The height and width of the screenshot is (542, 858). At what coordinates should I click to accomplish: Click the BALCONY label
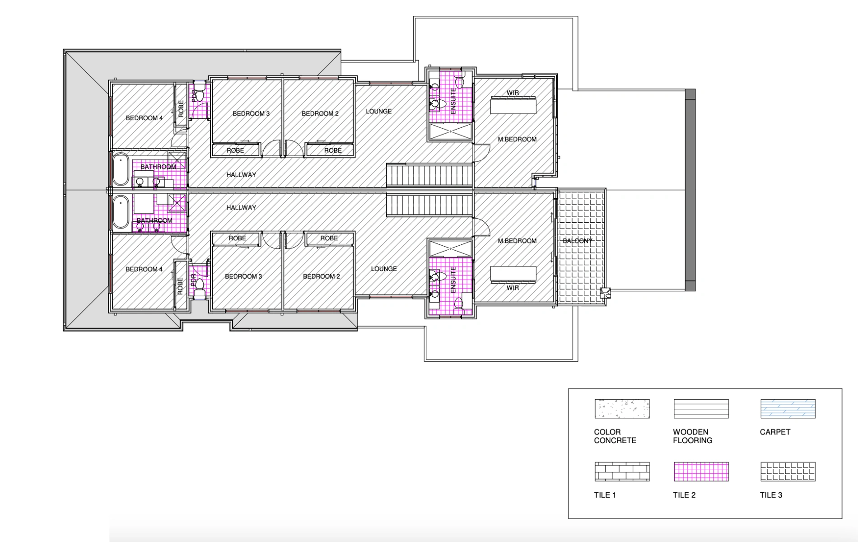click(x=577, y=241)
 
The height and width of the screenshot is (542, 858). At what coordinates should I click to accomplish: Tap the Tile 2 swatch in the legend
click(x=701, y=472)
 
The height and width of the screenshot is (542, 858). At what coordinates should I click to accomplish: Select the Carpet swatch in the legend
click(x=788, y=409)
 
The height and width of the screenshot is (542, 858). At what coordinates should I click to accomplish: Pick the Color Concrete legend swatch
click(x=622, y=409)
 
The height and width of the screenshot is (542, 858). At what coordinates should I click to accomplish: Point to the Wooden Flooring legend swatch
click(x=701, y=409)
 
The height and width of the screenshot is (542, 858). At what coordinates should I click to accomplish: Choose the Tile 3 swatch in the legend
click(x=788, y=472)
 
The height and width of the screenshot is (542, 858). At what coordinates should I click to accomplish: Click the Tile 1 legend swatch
click(x=622, y=472)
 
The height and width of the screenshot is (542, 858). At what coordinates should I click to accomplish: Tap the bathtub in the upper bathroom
click(x=121, y=169)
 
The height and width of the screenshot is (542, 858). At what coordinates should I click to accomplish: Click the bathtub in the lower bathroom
click(x=121, y=211)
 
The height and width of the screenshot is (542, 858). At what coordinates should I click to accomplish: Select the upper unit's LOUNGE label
click(x=378, y=111)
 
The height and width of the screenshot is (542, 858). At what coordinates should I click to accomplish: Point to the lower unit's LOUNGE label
click(x=384, y=269)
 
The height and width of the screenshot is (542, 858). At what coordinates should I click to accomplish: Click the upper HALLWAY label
click(x=241, y=175)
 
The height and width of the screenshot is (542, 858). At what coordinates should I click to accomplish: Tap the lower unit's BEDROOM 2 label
click(x=322, y=276)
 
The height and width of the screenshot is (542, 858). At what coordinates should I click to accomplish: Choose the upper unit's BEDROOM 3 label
click(x=251, y=113)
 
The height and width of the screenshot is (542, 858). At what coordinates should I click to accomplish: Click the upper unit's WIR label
click(x=513, y=93)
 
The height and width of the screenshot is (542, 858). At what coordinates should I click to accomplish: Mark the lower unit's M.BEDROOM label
click(x=517, y=241)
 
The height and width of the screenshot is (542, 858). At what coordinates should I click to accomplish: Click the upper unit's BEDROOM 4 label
click(x=144, y=118)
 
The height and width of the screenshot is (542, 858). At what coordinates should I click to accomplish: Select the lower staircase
click(x=429, y=206)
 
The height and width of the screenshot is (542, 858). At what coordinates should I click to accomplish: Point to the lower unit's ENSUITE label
click(x=453, y=279)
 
